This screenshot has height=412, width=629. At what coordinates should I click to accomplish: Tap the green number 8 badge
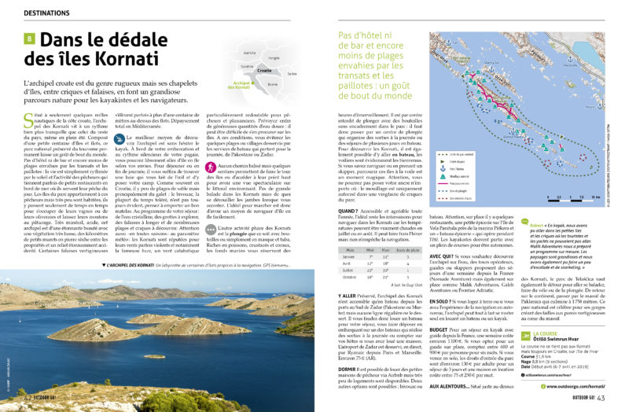tap(30, 39)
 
